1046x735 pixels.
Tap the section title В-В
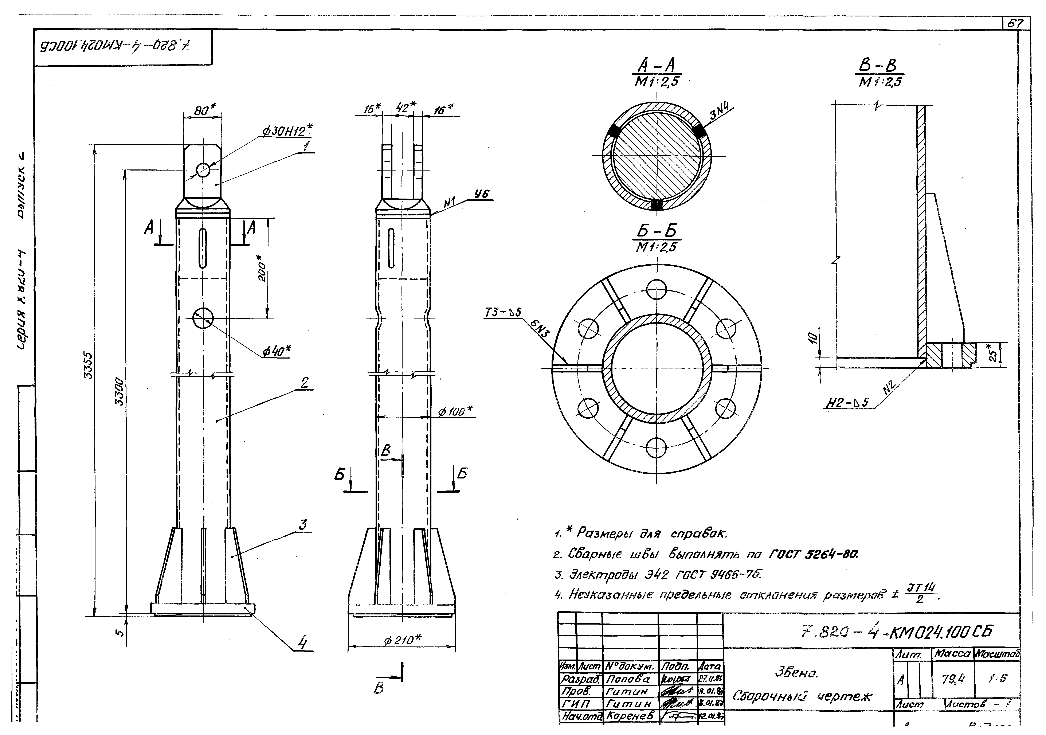pos(878,67)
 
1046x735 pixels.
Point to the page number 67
pos(1015,24)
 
